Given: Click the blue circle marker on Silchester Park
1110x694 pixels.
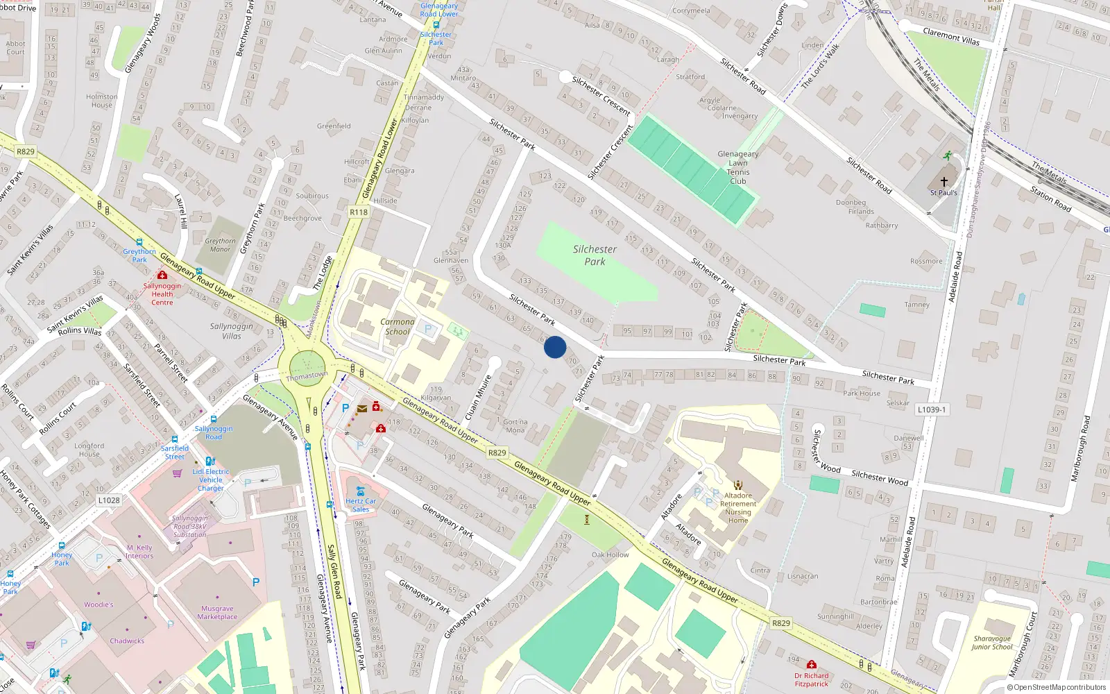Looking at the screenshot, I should coord(555,347).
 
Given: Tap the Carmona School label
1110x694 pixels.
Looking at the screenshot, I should coord(398,327).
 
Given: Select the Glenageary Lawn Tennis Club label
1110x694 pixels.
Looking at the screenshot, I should coord(737,167).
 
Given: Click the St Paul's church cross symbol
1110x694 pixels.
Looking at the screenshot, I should coord(943,182).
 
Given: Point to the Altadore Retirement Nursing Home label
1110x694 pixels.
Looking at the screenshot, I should coord(738,508).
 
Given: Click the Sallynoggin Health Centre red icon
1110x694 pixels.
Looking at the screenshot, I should coord(162,276).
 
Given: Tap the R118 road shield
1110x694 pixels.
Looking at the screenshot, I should coord(359,212).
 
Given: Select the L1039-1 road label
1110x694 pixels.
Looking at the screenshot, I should coord(931,409).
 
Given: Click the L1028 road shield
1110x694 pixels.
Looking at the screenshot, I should coord(109,500).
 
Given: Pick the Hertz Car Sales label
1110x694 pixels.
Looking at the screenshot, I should coord(361,505).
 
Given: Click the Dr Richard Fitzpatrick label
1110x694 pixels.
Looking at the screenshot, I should coord(812,679).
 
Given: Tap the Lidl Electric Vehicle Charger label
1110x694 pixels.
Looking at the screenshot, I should coord(211,480).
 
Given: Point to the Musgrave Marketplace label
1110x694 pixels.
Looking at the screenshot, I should coord(217,612).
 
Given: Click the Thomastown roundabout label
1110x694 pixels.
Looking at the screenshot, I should coord(307,375).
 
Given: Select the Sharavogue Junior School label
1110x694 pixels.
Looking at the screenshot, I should coord(992,643).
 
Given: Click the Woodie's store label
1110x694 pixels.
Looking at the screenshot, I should coord(99,604).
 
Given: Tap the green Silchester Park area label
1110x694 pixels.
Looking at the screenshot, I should coord(595,255).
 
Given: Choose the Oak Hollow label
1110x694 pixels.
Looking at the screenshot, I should coord(610,555).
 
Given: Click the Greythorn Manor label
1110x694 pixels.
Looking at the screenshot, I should coord(220,245).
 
